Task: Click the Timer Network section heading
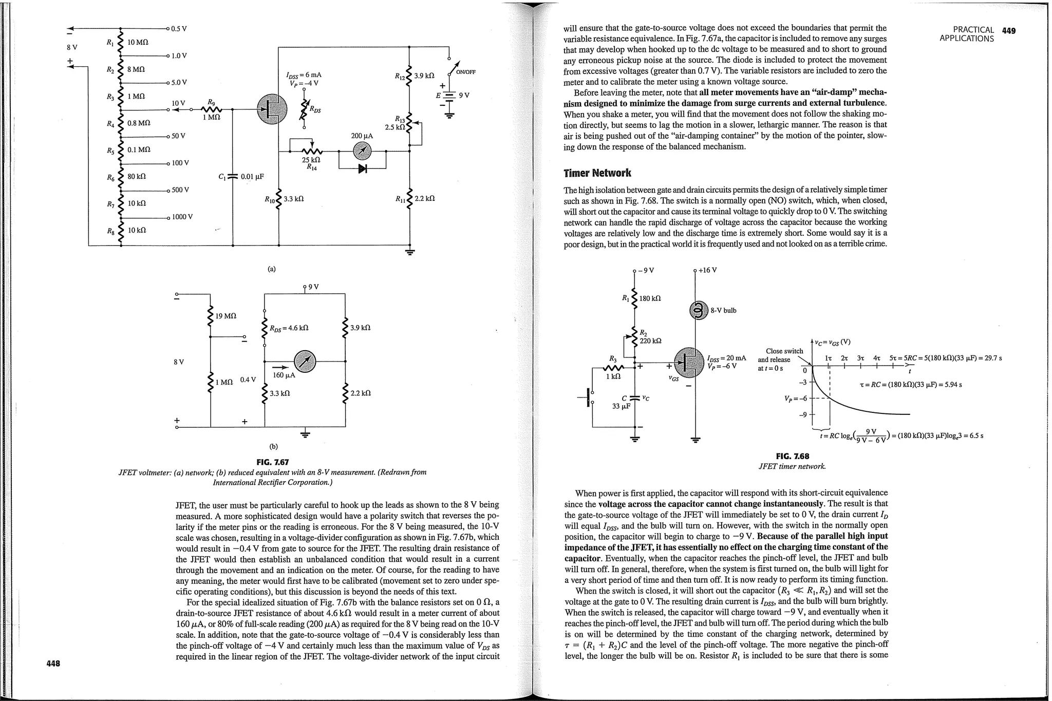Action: [597, 173]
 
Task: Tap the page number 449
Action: [1008, 31]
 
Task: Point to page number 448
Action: [53, 664]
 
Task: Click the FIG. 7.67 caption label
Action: [272, 462]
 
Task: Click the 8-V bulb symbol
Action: [697, 310]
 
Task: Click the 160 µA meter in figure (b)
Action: [305, 362]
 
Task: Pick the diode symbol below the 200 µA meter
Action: [363, 168]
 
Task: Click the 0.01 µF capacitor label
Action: [252, 177]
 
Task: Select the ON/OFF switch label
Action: [465, 72]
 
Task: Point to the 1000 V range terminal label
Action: [182, 217]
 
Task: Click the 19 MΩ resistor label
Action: [226, 315]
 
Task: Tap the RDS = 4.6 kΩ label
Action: [289, 328]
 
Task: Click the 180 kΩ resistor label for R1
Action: [650, 298]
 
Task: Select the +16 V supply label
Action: [708, 270]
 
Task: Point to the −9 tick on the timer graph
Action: [804, 414]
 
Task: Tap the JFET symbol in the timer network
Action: [689, 363]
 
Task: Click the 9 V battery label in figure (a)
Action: [464, 95]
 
